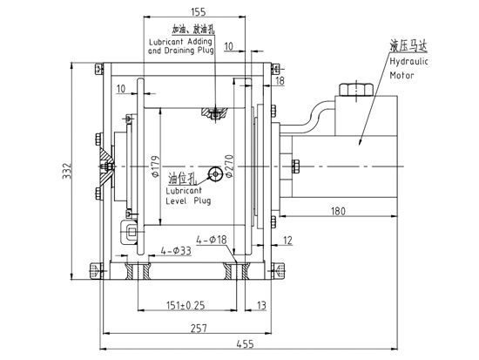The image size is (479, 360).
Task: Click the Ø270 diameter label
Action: [x=228, y=162]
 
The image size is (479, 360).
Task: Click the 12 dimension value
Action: [x=288, y=239]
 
